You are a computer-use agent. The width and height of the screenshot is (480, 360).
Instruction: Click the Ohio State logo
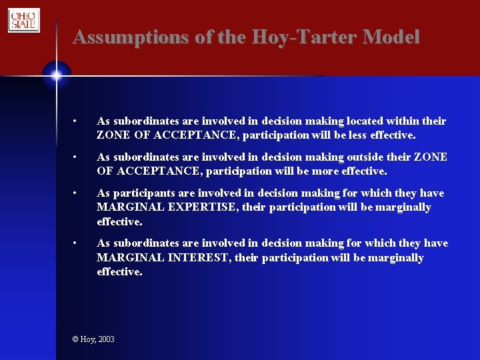point(24,20)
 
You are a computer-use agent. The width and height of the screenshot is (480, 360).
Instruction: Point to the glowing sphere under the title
point(56,75)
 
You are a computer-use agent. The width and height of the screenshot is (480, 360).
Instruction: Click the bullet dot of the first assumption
point(77,121)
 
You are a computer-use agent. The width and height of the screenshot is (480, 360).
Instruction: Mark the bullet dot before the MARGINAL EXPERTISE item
point(77,193)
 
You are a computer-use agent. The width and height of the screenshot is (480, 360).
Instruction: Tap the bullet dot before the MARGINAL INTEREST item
point(77,243)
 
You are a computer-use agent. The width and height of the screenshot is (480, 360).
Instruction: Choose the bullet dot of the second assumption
point(77,157)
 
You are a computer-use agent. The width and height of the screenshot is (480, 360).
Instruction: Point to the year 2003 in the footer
point(106,339)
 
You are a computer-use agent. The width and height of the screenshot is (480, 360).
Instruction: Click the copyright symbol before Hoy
point(75,339)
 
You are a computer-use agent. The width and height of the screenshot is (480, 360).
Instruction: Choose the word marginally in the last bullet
point(393,257)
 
